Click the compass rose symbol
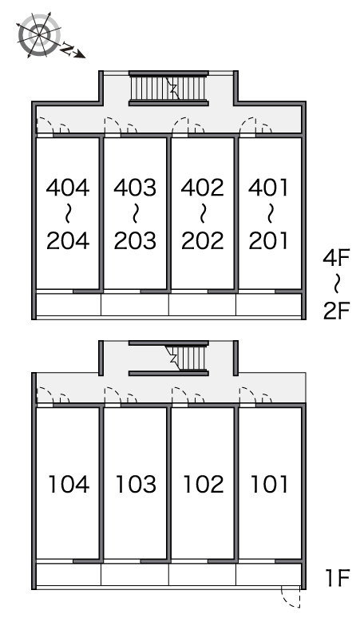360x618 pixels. click(39, 35)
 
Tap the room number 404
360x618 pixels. click(68, 188)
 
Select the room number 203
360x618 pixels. click(135, 241)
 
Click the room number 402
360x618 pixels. click(203, 188)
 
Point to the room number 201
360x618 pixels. click(269, 241)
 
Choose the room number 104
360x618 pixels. click(69, 485)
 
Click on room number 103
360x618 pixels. click(136, 485)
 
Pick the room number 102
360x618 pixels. click(204, 485)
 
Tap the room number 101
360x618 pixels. click(270, 485)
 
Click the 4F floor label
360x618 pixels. click(336, 258)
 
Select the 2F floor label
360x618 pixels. click(336, 311)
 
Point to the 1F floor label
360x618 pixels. click(338, 578)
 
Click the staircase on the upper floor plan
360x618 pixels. click(168, 89)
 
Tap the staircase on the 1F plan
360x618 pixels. click(187, 358)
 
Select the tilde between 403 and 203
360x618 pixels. click(135, 214)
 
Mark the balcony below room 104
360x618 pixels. click(69, 575)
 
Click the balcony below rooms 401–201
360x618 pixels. click(269, 304)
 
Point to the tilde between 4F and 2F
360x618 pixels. click(336, 284)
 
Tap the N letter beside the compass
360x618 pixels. click(68, 49)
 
